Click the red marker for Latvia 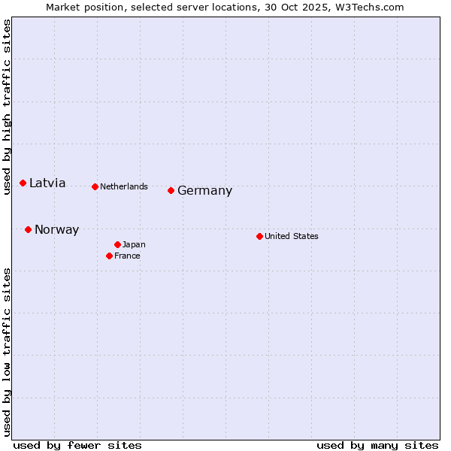tap(23, 183)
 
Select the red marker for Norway tap(29, 229)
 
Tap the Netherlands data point tap(95, 186)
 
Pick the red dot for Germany tap(171, 190)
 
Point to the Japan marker tap(118, 244)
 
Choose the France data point tap(110, 256)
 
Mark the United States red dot tap(260, 236)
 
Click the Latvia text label tap(47, 183)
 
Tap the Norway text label tap(56, 230)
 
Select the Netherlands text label tap(124, 186)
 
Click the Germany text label tap(204, 191)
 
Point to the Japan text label tap(134, 244)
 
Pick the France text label tap(127, 256)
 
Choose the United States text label tap(292, 236)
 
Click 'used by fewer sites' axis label tap(77, 445)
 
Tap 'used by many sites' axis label tap(377, 445)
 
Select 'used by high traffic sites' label tap(7, 107)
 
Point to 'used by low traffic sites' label tap(7, 352)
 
